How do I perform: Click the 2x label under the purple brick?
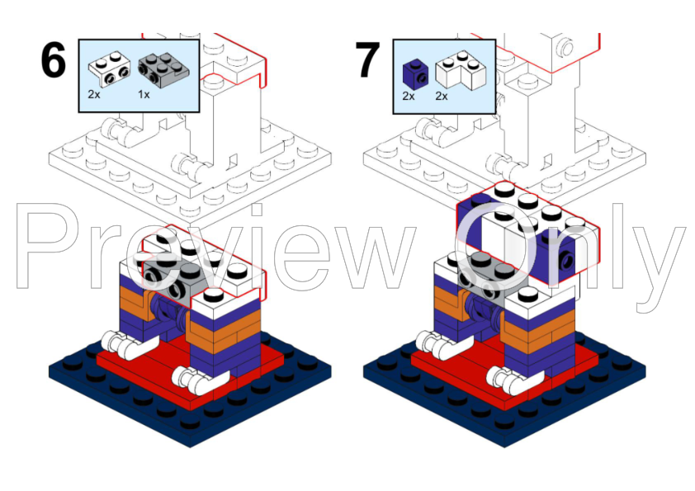(x=409, y=96)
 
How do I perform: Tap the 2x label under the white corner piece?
(x=442, y=96)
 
